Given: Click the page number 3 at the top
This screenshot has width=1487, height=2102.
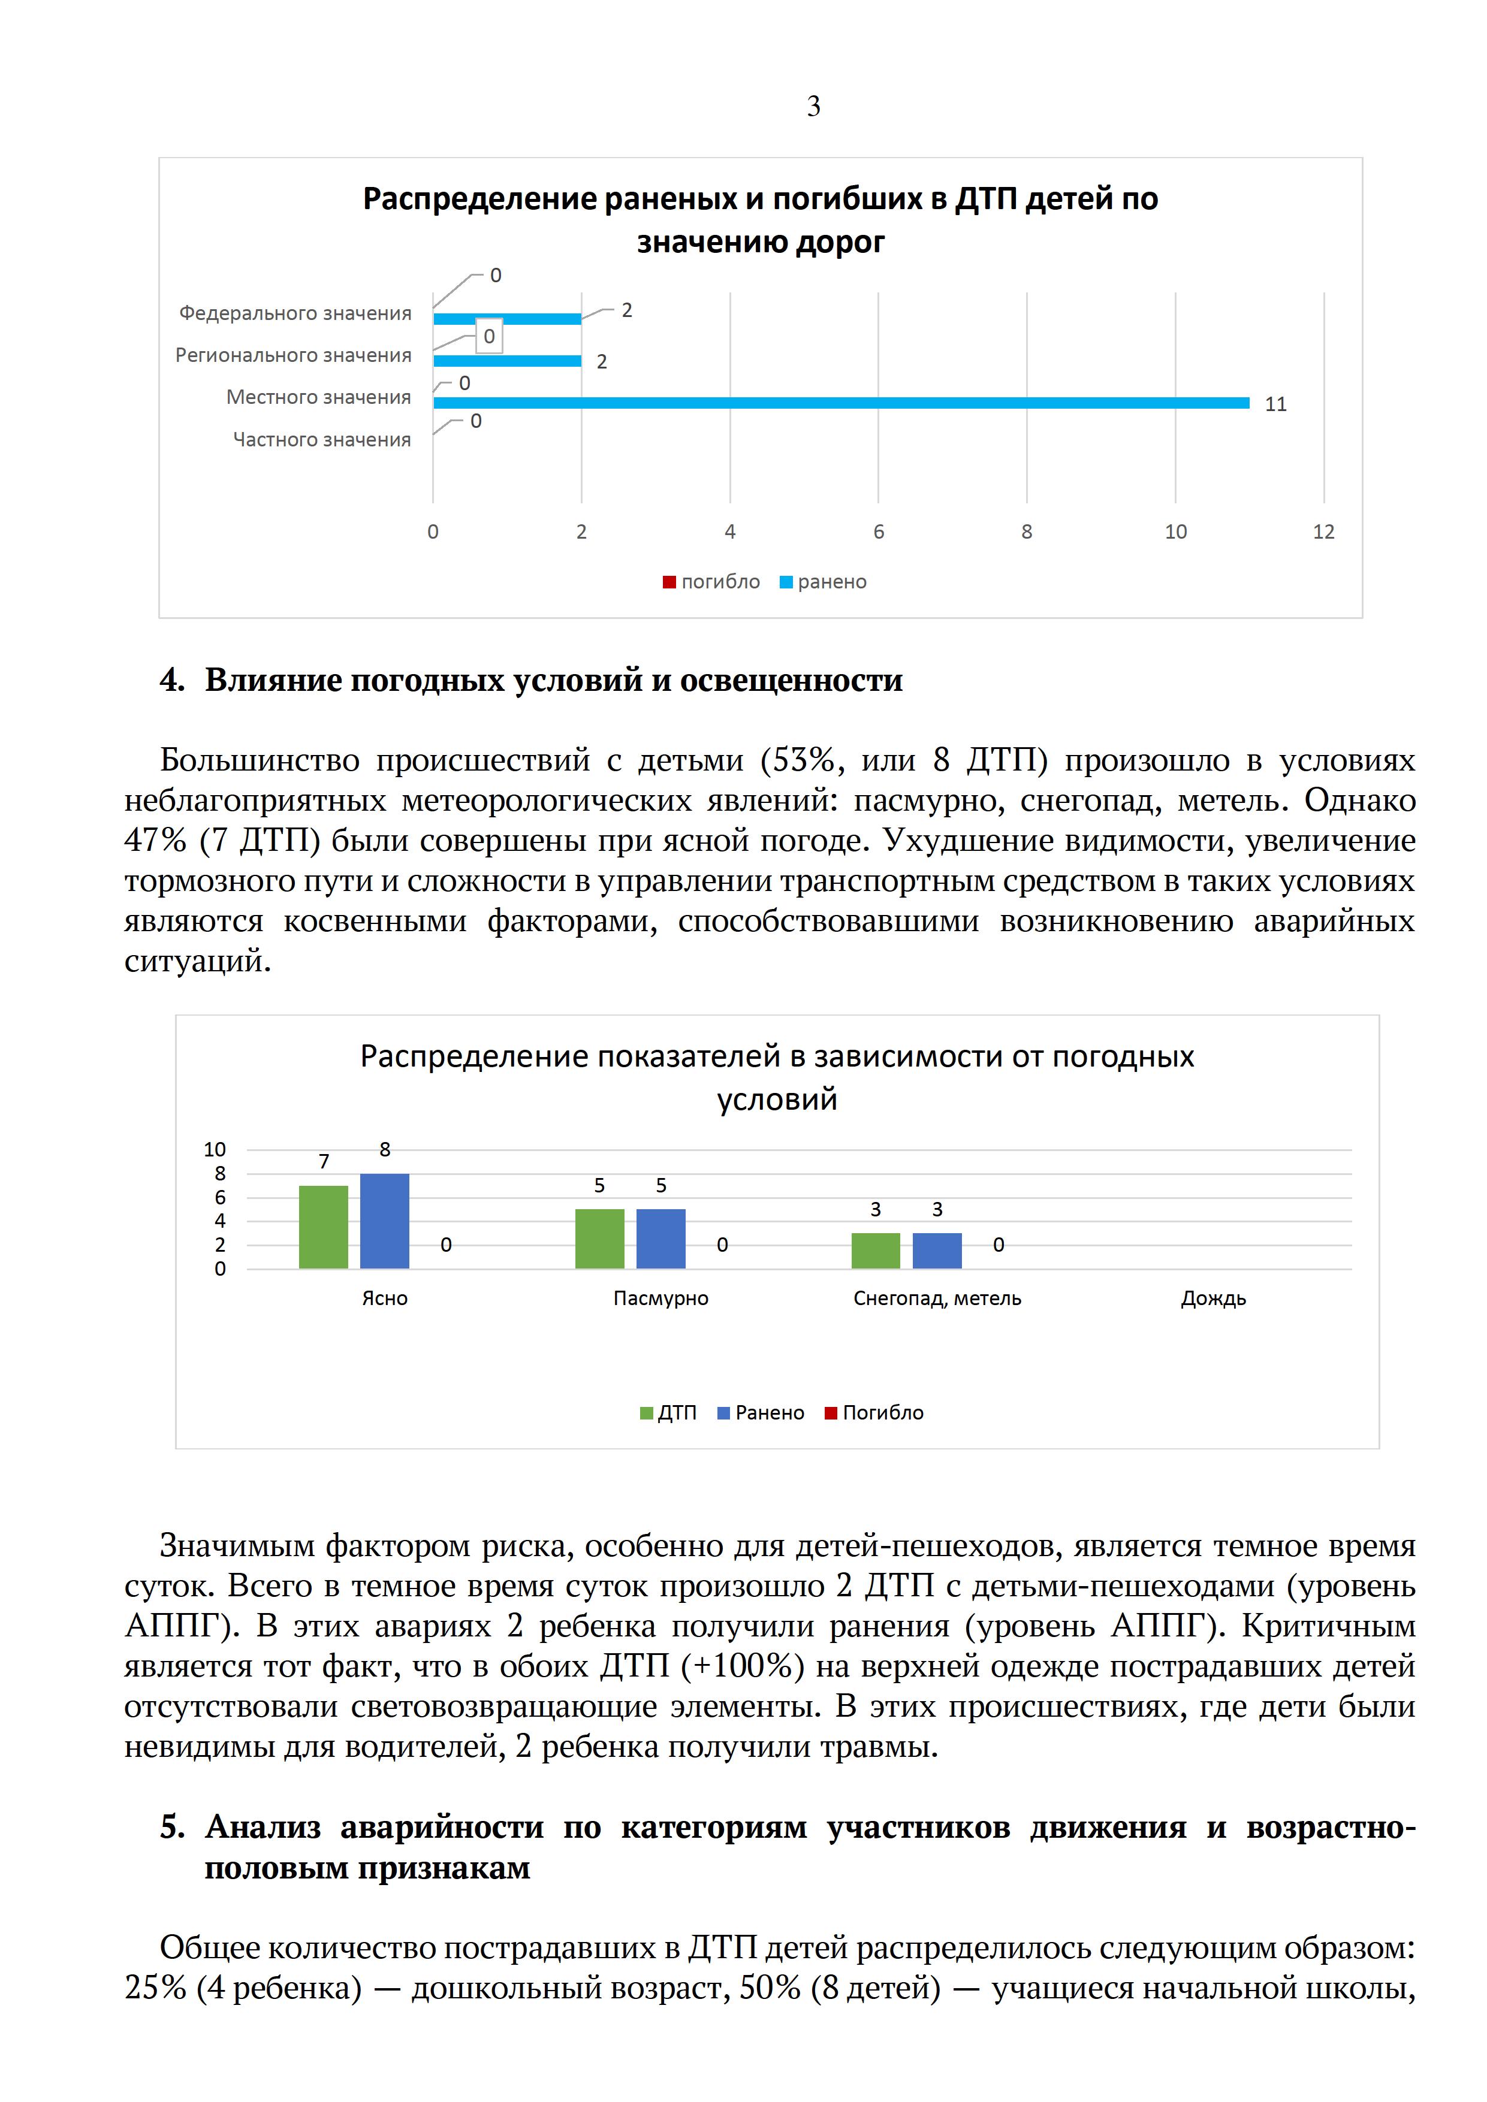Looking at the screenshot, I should (x=813, y=107).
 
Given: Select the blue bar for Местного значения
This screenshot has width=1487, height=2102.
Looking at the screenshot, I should (x=840, y=403).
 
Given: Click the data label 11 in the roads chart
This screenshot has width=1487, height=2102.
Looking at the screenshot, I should (x=1275, y=404).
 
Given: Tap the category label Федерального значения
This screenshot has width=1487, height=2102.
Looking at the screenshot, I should (x=295, y=314).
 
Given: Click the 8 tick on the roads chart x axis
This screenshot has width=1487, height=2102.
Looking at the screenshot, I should (x=1027, y=532).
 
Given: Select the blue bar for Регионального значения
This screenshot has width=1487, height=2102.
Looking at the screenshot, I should (x=506, y=361).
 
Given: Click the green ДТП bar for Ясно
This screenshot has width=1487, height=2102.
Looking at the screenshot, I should (x=323, y=1227).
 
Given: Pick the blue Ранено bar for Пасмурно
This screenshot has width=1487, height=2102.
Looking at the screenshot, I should (x=660, y=1238).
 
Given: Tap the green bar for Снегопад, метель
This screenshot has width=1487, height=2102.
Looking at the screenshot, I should (x=875, y=1251).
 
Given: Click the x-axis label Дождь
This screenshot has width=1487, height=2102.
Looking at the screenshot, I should (x=1213, y=1298).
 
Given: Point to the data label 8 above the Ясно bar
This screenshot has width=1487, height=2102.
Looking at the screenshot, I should (x=385, y=1150).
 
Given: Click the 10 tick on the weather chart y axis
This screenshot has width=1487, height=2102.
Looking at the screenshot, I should (x=214, y=1150).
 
